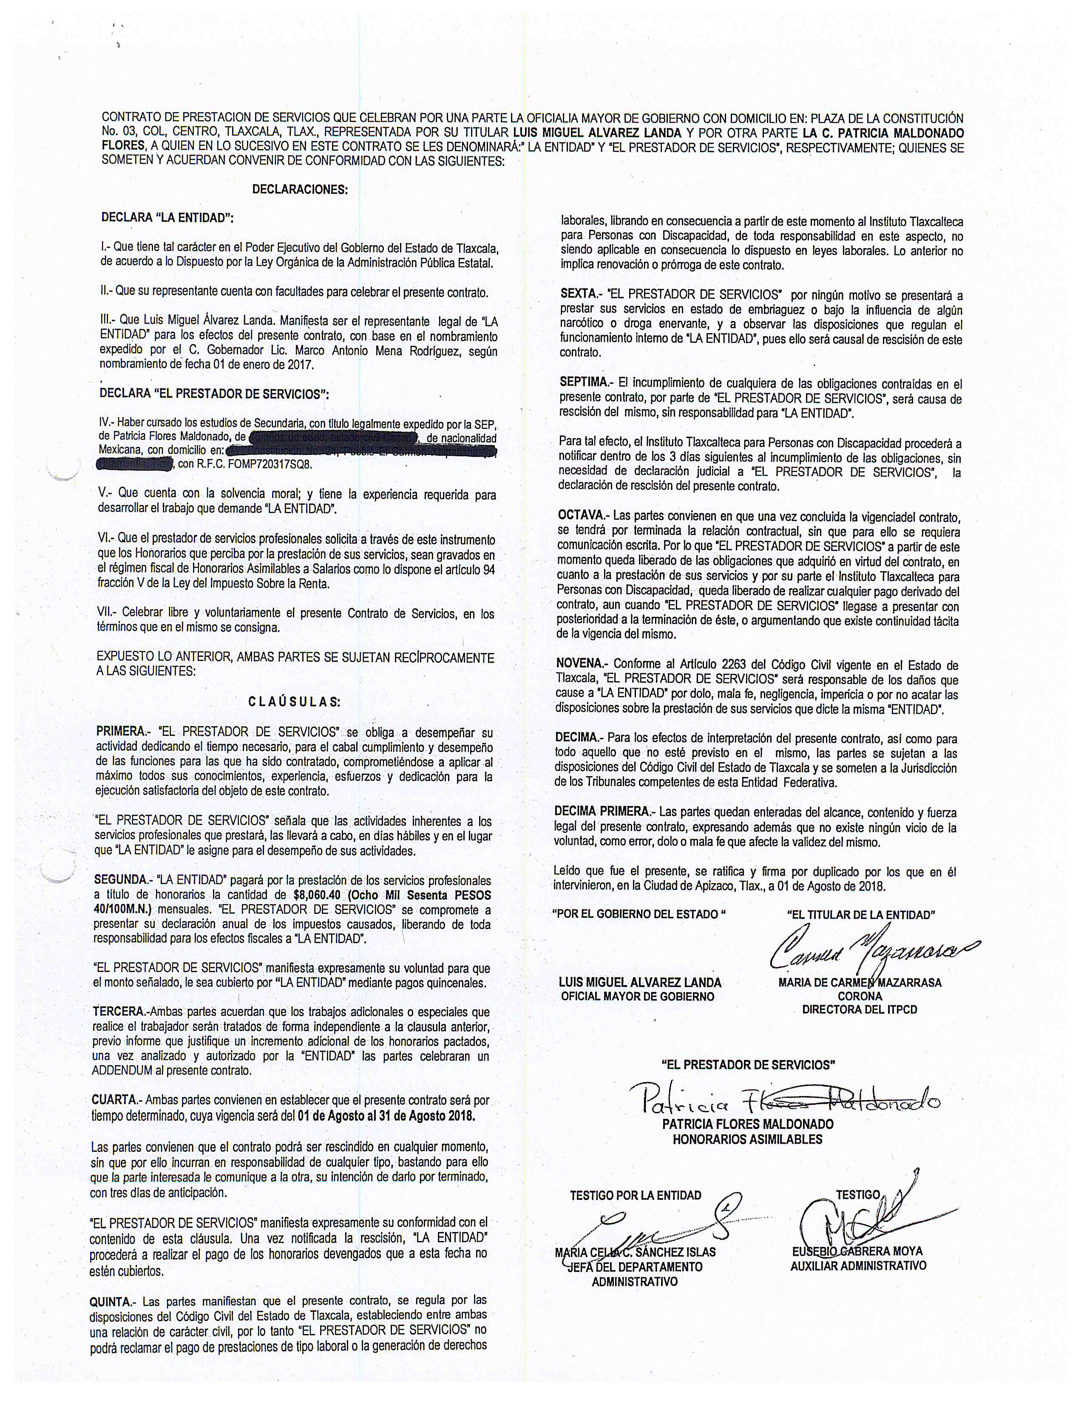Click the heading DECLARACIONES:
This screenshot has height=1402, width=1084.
tap(300, 190)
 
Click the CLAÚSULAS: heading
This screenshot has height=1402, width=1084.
tap(295, 702)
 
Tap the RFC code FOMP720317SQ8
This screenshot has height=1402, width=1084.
tap(274, 464)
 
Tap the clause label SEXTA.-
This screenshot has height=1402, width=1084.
tap(579, 294)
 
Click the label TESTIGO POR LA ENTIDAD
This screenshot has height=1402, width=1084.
tap(635, 1195)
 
